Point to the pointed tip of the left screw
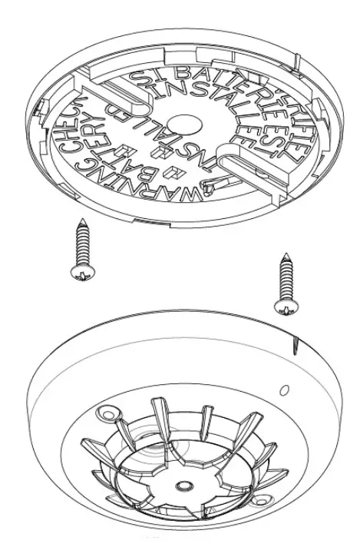click(84, 220)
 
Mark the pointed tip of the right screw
click(286, 254)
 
